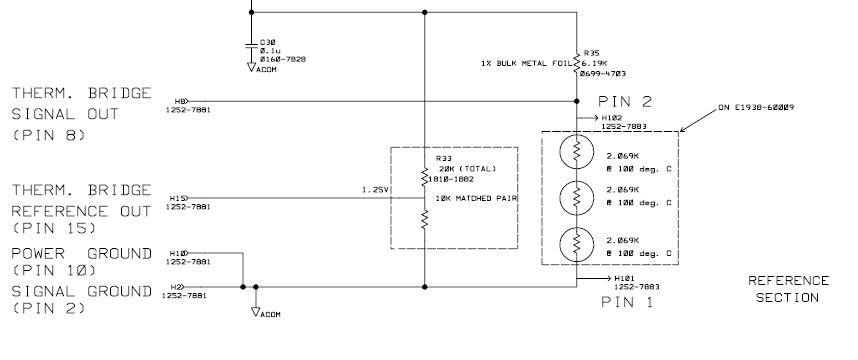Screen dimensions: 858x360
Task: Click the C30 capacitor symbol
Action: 251,45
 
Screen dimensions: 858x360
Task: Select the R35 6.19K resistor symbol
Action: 576,63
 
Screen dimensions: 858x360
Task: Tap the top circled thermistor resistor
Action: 577,152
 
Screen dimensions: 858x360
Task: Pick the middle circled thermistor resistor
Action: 577,198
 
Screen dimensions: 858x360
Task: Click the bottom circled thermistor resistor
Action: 577,244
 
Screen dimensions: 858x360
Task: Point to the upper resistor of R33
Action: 425,177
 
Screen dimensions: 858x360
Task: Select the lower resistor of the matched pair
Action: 425,219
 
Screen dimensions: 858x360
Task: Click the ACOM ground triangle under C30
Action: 252,67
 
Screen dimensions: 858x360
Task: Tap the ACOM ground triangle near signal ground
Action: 256,312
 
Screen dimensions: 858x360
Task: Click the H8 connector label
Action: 180,101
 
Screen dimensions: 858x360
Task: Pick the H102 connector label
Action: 612,118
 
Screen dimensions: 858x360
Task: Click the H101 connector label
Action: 624,278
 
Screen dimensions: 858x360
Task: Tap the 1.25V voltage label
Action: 375,190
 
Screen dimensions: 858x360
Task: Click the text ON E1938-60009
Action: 756,107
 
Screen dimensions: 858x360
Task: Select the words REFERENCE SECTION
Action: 789,289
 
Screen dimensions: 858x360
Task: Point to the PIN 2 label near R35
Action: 625,101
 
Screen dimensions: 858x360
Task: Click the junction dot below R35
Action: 576,101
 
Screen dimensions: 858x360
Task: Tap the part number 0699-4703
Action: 602,74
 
